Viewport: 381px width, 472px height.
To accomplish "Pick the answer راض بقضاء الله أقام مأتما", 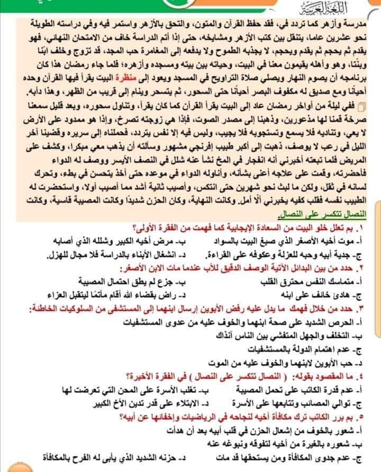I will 106,293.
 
